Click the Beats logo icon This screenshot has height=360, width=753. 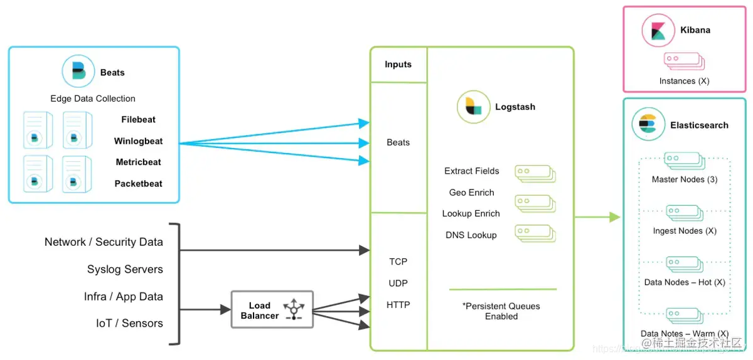[x=78, y=71]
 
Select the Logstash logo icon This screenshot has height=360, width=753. [x=473, y=107]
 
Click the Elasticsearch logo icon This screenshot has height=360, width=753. [x=648, y=124]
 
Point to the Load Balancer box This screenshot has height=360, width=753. [x=272, y=309]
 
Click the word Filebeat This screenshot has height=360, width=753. [x=139, y=119]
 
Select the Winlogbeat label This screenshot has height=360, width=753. [x=138, y=141]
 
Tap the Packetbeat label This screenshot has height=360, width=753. [x=138, y=184]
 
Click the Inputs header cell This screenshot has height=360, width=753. [x=398, y=64]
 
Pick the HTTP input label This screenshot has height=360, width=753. [x=398, y=305]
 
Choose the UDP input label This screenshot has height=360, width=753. [x=398, y=283]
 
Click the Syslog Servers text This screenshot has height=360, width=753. [x=125, y=269]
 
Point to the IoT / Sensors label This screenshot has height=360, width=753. [x=129, y=324]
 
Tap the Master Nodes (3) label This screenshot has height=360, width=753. [x=685, y=179]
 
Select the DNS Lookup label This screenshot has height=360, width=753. [x=471, y=235]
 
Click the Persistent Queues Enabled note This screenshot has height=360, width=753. [x=501, y=311]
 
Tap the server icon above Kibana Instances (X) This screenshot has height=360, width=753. [x=685, y=61]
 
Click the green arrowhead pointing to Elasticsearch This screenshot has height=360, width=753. [x=615, y=217]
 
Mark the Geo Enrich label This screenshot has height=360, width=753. [x=472, y=193]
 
